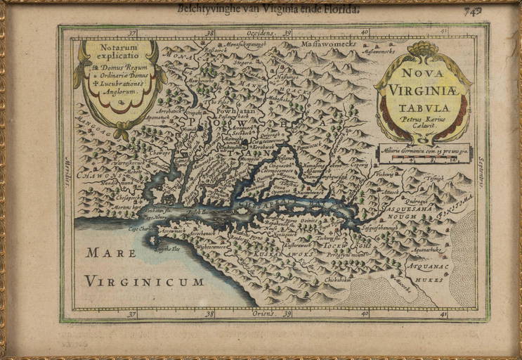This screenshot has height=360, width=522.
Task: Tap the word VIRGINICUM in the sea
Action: pyautogui.click(x=144, y=281)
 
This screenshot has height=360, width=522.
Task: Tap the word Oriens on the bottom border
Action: pyautogui.click(x=264, y=314)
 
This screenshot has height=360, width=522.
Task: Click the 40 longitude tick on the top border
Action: pyautogui.click(x=365, y=32)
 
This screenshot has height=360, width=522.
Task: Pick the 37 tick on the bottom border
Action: pyautogui.click(x=131, y=314)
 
